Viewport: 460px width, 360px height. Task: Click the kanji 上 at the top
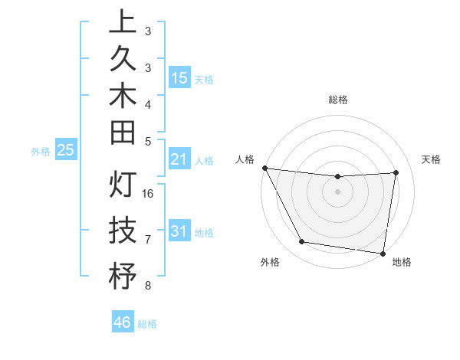(x=123, y=23)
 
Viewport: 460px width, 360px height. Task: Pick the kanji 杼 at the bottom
(x=123, y=275)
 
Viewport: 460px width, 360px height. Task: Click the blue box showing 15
(x=179, y=78)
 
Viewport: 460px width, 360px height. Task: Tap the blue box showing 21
(x=179, y=159)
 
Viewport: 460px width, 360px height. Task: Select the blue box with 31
(x=179, y=231)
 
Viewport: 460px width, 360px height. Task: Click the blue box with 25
(x=66, y=150)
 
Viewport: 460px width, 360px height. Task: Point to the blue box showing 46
(x=123, y=322)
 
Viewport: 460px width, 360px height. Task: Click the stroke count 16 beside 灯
(x=148, y=194)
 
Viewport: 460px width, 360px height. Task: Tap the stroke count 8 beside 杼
(x=148, y=286)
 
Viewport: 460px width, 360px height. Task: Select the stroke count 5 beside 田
(x=148, y=141)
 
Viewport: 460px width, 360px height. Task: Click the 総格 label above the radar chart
(x=338, y=100)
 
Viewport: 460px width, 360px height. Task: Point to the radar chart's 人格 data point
(x=265, y=168)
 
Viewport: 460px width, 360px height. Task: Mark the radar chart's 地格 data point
(x=383, y=253)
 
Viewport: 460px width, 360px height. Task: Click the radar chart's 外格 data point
(x=301, y=243)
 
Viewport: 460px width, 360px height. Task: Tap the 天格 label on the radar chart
(x=432, y=159)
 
